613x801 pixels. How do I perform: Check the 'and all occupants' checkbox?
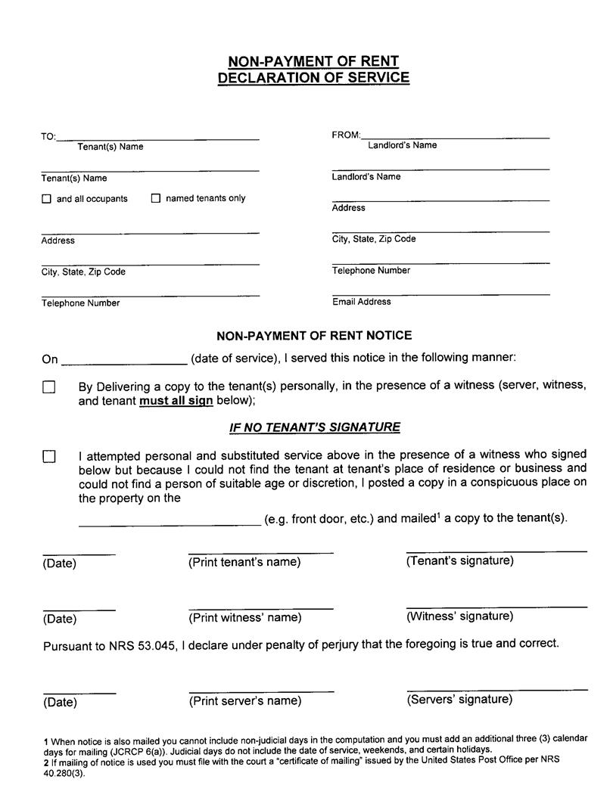(x=46, y=200)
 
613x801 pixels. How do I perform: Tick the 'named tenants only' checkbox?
(x=156, y=199)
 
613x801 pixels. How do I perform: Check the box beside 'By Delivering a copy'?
(x=49, y=387)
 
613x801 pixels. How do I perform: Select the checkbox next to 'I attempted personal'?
(x=49, y=456)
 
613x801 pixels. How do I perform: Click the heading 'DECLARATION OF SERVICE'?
(x=313, y=78)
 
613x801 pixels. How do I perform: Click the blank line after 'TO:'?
(x=158, y=137)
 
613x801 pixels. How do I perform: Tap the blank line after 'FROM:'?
(x=456, y=135)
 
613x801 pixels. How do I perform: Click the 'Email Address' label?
(x=362, y=302)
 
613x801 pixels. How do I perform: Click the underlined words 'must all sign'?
(x=176, y=401)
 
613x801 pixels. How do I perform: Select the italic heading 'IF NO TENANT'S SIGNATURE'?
(x=315, y=427)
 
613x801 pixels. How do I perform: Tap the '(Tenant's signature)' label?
(x=459, y=560)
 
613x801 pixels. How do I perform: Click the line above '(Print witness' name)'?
(x=261, y=607)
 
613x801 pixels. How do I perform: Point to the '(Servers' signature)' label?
(x=459, y=699)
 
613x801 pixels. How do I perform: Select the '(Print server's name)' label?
(x=244, y=700)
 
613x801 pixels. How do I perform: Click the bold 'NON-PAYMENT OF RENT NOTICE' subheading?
(x=314, y=335)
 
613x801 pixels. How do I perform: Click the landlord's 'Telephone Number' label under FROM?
(x=371, y=271)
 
